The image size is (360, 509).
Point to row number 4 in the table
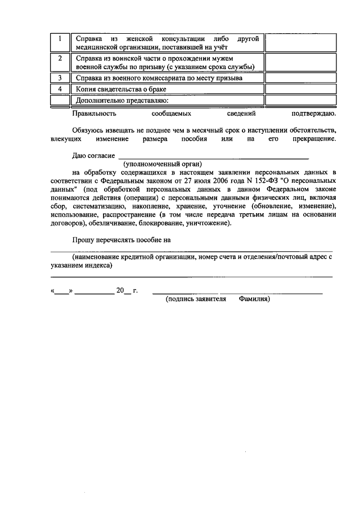click(59, 89)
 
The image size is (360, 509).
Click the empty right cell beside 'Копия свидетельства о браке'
click(300, 89)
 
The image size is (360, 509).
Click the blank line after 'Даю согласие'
click(214, 156)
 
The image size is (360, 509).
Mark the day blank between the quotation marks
click(61, 291)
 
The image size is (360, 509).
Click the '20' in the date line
click(119, 291)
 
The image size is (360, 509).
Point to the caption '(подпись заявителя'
click(195, 300)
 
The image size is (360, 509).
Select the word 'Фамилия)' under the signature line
click(254, 300)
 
